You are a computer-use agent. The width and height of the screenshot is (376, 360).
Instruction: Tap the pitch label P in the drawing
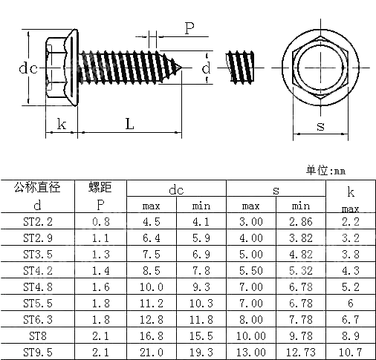pos(189,28)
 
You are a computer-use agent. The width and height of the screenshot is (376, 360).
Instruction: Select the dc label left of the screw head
pos(28,68)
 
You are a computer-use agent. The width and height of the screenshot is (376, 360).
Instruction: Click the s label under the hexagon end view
pos(320,125)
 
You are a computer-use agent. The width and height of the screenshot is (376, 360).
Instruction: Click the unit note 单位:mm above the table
pos(326,171)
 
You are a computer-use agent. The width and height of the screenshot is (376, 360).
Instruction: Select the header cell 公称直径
pos(37,188)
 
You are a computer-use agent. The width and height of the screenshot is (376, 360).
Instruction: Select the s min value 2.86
pos(301,221)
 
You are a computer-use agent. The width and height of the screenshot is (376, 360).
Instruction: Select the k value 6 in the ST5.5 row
pos(351,303)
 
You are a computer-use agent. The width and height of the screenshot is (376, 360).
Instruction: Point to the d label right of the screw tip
pos(206,68)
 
